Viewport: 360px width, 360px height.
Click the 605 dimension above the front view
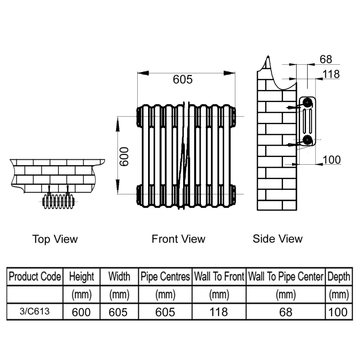(x=183, y=80)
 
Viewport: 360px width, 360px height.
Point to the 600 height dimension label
(x=125, y=156)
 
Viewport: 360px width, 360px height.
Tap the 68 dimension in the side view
(x=325, y=59)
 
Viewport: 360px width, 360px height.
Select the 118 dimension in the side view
(x=331, y=74)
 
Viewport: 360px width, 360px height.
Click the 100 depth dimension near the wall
(x=332, y=159)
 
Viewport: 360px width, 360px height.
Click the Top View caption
(x=55, y=239)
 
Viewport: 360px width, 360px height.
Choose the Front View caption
(x=178, y=239)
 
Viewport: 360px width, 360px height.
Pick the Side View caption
(x=278, y=238)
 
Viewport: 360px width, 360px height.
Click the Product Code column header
(x=35, y=276)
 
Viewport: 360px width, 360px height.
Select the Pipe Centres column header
(x=165, y=276)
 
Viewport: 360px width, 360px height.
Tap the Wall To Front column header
(x=219, y=276)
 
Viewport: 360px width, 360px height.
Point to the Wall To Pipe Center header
(x=286, y=276)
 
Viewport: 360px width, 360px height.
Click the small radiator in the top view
(x=58, y=202)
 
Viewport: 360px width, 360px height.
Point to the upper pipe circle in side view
(x=307, y=102)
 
